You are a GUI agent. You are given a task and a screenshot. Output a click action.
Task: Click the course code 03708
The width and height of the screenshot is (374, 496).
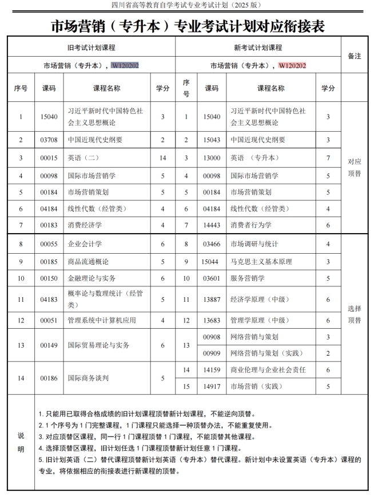pos(49,140)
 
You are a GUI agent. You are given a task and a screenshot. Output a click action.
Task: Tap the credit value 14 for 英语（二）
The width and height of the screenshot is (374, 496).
pos(163,158)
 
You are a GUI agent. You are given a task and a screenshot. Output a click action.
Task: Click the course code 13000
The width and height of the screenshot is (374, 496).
pos(212,158)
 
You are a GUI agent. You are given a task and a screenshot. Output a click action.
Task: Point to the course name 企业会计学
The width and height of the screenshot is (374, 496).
pos(85,245)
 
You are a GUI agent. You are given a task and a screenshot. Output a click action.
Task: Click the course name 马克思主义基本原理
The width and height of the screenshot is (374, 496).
pos(261,262)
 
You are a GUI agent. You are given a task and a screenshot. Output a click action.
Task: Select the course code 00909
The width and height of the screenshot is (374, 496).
pos(212,353)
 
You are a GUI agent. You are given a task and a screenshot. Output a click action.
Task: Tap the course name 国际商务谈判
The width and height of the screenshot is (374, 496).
pos(89,378)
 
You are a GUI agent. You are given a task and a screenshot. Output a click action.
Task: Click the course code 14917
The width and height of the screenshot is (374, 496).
pos(212,387)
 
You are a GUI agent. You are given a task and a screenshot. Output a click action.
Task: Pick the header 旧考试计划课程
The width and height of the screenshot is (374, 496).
pos(91,48)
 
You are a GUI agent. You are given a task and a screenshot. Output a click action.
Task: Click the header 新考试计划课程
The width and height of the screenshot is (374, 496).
pos(258,48)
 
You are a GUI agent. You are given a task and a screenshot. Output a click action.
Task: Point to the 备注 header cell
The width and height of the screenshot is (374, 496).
pos(354,56)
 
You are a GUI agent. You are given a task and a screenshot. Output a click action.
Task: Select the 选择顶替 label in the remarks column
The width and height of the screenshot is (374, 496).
pos(354,314)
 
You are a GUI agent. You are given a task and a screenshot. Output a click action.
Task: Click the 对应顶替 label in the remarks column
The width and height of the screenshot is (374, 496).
pos(354,167)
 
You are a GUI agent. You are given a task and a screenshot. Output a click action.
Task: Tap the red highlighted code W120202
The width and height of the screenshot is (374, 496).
pos(292,66)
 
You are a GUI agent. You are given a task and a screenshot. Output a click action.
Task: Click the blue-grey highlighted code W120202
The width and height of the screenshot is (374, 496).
pos(125,66)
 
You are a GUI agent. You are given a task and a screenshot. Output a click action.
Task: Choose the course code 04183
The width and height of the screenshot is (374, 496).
pos(49,299)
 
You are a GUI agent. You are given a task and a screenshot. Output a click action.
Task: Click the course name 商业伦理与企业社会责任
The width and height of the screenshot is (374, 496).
pos(268,370)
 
